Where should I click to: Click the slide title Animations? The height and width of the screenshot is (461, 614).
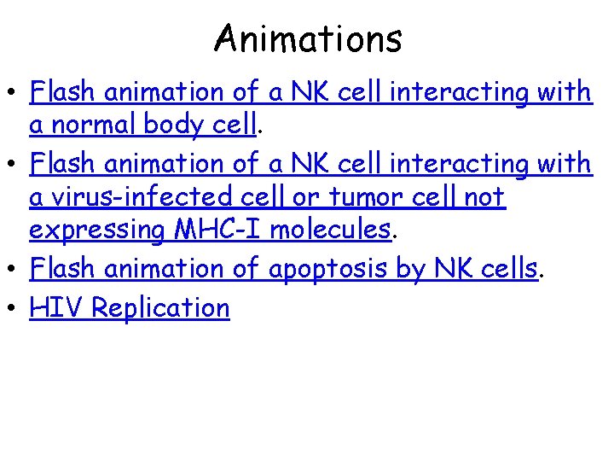(308, 38)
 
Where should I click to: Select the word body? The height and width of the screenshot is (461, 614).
(174, 125)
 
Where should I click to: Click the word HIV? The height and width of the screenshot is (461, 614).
(55, 307)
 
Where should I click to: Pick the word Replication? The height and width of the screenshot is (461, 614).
(160, 308)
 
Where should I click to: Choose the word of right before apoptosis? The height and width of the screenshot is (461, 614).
(246, 269)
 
